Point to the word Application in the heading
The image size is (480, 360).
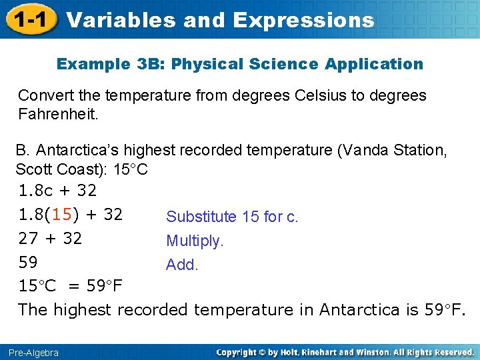pyautogui.click(x=373, y=64)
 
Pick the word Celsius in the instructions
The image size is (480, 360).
pyautogui.click(x=315, y=95)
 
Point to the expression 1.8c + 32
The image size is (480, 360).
pyautogui.click(x=57, y=191)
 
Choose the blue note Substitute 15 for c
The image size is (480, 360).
pyautogui.click(x=232, y=217)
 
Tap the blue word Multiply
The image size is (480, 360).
pyautogui.click(x=195, y=241)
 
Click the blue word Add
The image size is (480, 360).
pyautogui.click(x=182, y=265)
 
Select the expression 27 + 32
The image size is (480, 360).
pyautogui.click(x=50, y=239)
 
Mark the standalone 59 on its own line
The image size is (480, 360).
pyautogui.click(x=28, y=262)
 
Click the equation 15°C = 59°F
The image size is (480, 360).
pyautogui.click(x=70, y=286)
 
